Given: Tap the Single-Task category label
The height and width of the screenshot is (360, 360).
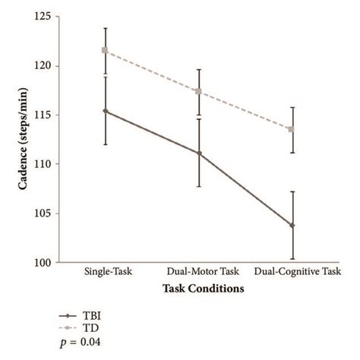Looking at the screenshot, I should [106, 272].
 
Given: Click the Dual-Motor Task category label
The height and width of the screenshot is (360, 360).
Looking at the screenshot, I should [198, 272].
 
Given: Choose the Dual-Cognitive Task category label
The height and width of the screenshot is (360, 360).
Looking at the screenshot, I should [298, 272].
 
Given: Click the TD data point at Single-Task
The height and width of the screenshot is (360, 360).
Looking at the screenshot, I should [106, 51].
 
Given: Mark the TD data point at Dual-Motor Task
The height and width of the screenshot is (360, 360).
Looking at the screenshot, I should [198, 92].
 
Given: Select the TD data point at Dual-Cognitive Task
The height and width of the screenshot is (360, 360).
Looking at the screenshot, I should [292, 129].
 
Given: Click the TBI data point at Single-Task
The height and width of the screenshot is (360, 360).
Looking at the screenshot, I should [106, 111].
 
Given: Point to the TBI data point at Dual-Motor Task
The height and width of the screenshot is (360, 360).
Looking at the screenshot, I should [198, 153].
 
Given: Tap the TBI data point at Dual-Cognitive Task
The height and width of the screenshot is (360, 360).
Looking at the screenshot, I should [292, 226].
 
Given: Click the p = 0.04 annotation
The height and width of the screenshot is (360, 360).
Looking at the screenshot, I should [81, 342].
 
